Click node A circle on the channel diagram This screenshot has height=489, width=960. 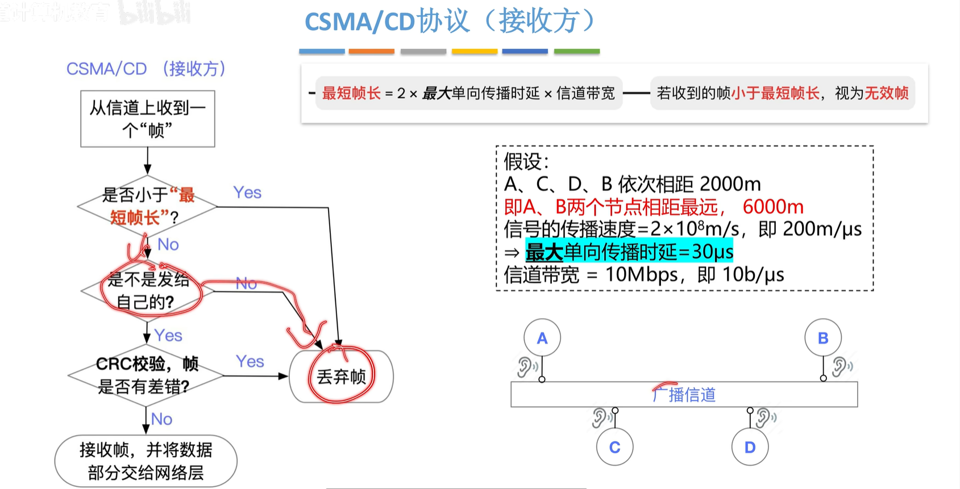(542, 338)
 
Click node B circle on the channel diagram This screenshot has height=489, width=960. (822, 338)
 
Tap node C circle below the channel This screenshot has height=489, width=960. (614, 447)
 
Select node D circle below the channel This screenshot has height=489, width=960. (750, 447)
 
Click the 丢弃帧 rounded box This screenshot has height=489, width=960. (341, 376)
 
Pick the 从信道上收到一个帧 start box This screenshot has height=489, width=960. (148, 119)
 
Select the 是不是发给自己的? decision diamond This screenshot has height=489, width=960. (148, 290)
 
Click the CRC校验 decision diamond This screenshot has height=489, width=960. (146, 375)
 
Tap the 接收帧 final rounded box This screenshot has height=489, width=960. (146, 461)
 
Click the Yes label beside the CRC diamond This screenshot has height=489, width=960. (250, 361)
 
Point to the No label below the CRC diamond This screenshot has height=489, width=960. (162, 419)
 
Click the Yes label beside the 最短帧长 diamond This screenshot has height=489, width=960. (247, 193)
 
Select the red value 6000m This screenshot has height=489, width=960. (773, 207)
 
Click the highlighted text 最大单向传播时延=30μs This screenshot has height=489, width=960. (629, 252)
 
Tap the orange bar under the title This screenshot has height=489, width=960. (372, 51)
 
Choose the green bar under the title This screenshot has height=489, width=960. (576, 51)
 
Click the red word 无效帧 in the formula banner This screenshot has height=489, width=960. (887, 93)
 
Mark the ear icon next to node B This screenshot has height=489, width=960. (841, 366)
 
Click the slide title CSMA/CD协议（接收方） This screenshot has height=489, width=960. (449, 22)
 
